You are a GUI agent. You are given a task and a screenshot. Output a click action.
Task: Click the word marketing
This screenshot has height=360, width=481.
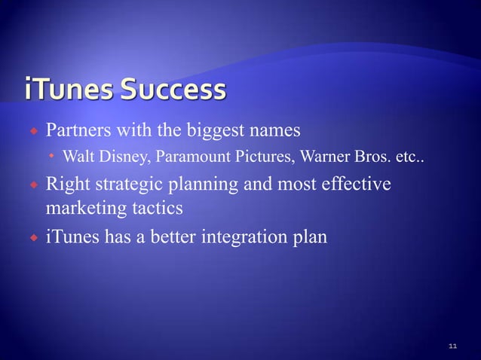coord(81,206)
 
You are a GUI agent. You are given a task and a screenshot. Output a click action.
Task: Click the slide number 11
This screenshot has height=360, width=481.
coord(452,345)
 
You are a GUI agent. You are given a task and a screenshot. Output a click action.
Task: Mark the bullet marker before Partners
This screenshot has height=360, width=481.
coord(34,133)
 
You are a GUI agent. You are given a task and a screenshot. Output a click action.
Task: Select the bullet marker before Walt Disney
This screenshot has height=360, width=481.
coord(51,158)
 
